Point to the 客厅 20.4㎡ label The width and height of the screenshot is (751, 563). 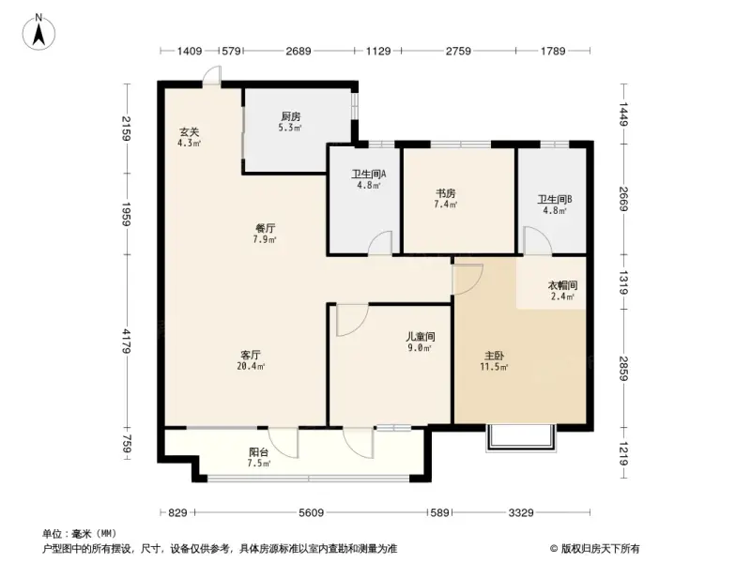click(251, 360)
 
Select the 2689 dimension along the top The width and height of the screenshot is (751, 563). click(299, 52)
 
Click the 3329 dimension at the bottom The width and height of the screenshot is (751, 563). click(522, 512)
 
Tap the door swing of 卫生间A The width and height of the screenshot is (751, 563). click(380, 242)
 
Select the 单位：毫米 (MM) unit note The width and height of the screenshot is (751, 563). click(79, 532)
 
